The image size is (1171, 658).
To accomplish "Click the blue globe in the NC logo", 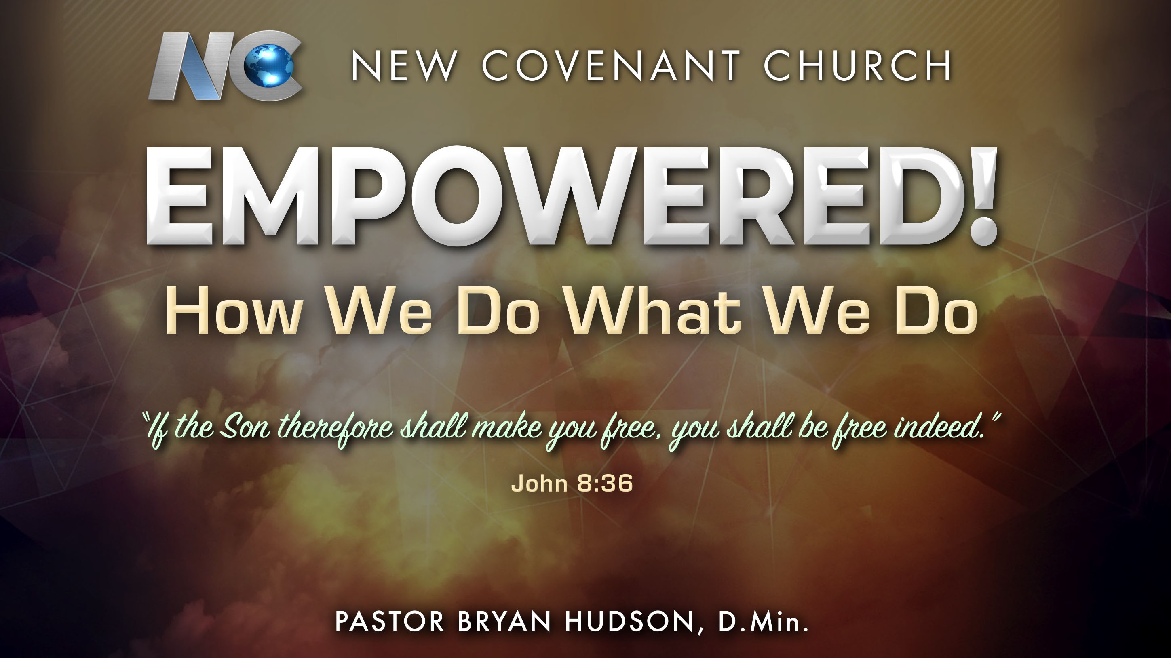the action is [x=269, y=65].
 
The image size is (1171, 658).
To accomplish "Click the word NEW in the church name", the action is [x=404, y=66].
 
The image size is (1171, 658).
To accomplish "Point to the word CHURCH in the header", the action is [x=857, y=66].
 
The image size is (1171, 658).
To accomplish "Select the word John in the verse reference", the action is [x=540, y=483].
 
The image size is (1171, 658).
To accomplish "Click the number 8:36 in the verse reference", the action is [x=605, y=483].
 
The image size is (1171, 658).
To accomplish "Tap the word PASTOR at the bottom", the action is [x=390, y=621].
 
